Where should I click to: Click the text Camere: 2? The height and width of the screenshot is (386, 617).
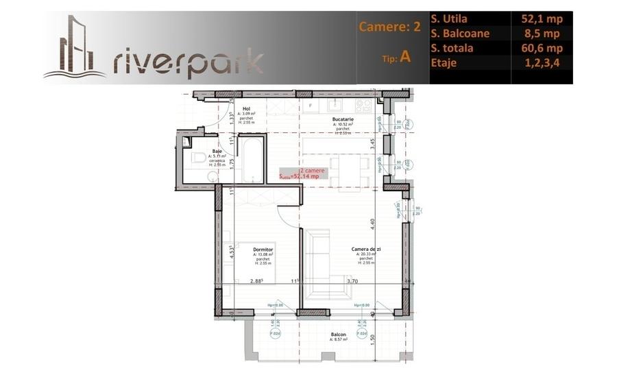pyautogui.click(x=389, y=27)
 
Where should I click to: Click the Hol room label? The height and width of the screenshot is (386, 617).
pyautogui.click(x=246, y=109)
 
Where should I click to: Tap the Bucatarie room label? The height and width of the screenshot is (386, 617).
pyautogui.click(x=343, y=119)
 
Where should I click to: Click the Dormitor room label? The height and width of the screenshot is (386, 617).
pyautogui.click(x=263, y=250)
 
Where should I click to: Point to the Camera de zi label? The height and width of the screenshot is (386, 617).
pyautogui.click(x=365, y=250)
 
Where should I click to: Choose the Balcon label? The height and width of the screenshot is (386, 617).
pyautogui.click(x=337, y=335)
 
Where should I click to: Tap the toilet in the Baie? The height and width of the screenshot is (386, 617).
pyautogui.click(x=198, y=159)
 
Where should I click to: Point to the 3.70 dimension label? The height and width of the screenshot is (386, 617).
pyautogui.click(x=352, y=281)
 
